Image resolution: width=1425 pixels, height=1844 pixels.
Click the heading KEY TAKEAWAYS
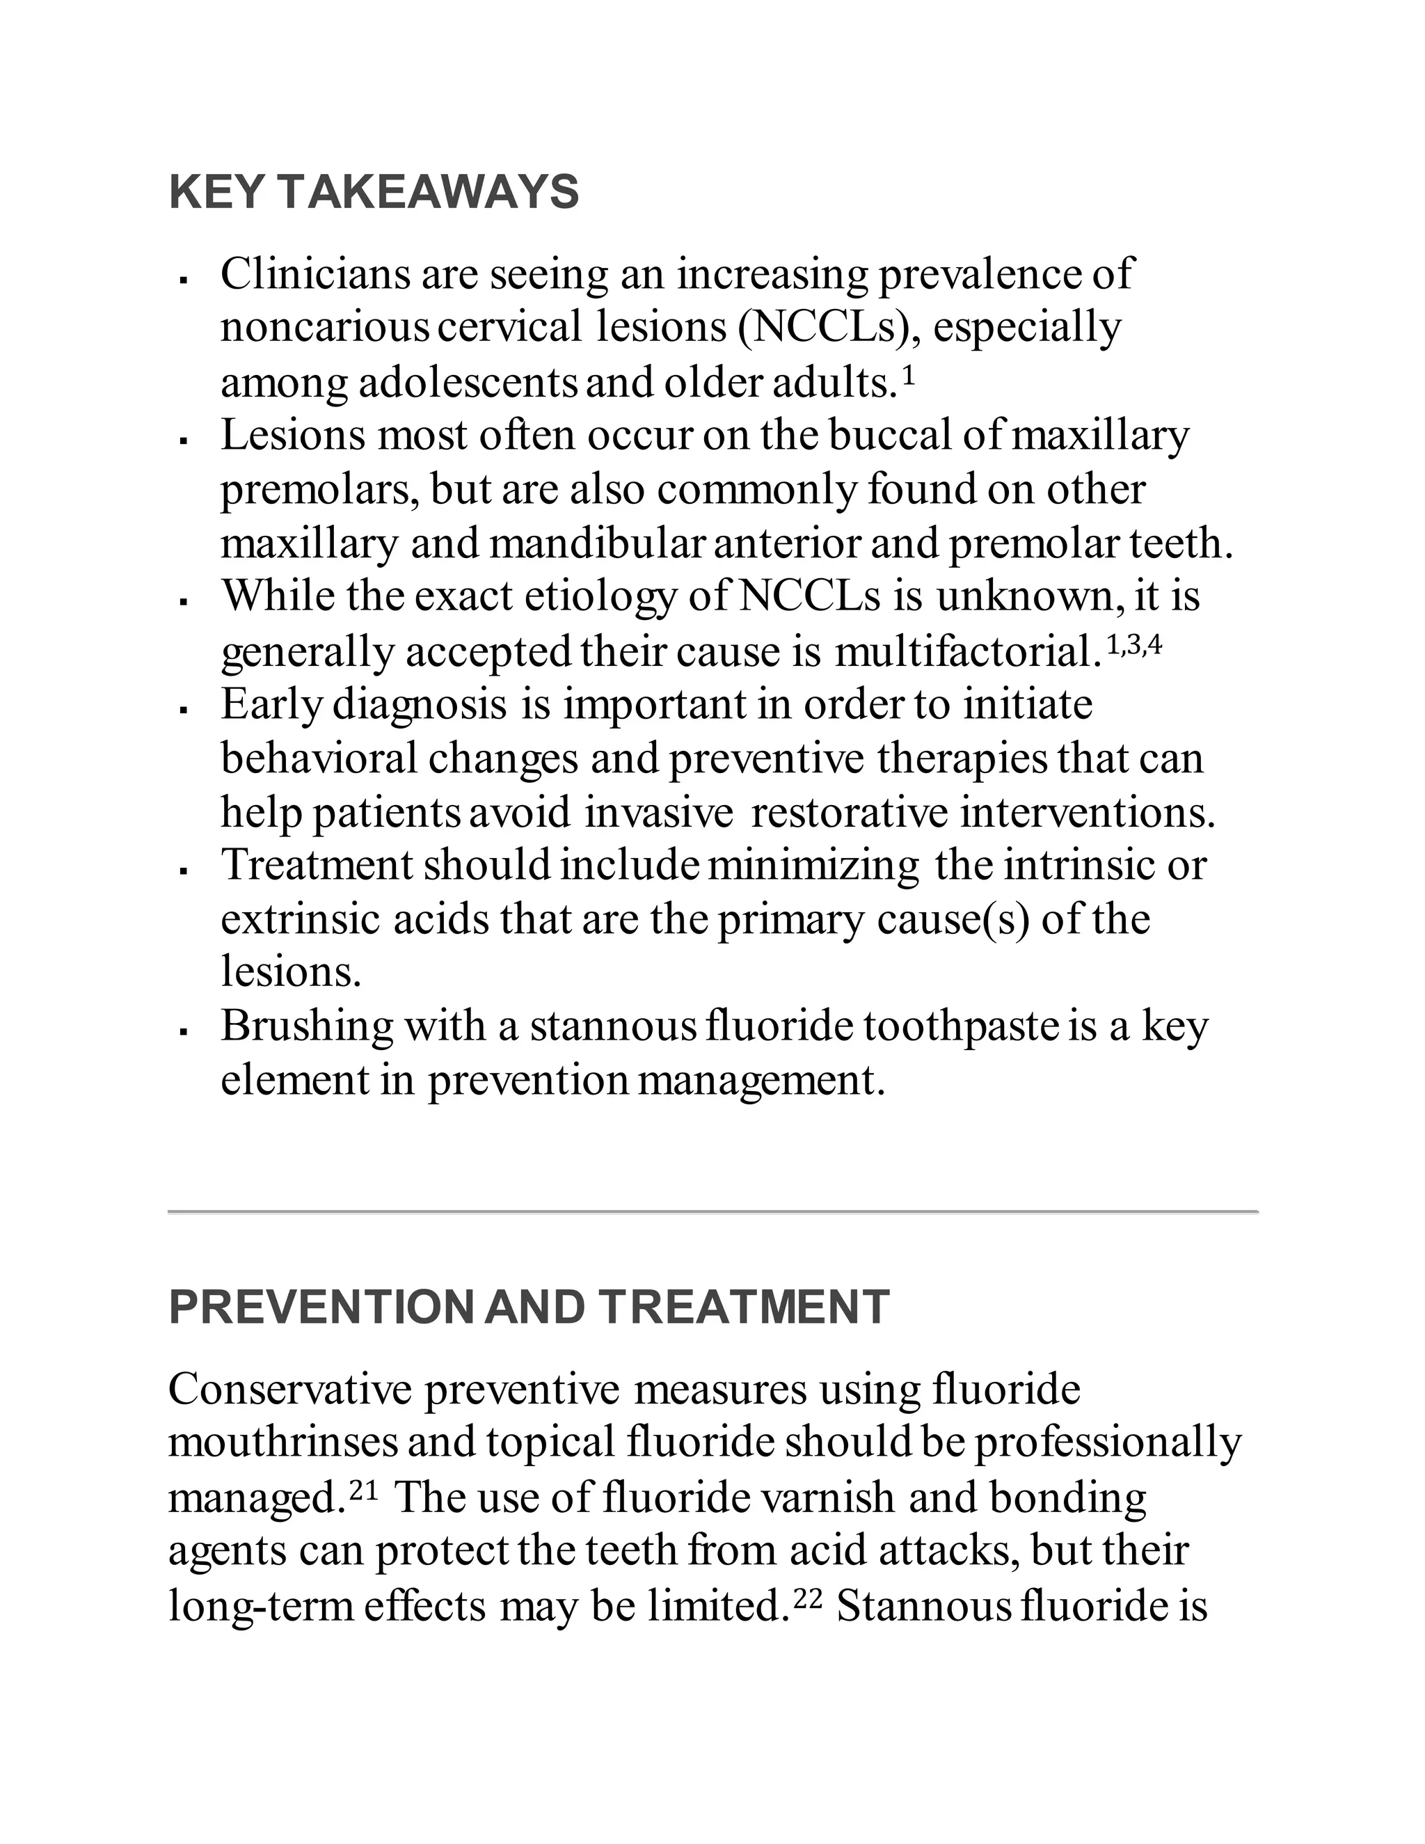click(374, 193)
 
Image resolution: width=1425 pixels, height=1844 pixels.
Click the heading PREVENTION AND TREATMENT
click(529, 1307)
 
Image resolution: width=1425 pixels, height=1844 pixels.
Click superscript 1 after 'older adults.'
click(909, 376)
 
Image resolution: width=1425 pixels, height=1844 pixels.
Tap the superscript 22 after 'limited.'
click(808, 1599)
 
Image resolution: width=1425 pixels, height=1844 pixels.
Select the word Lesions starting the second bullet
click(293, 436)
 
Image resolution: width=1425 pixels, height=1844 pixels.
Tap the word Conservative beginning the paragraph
click(289, 1389)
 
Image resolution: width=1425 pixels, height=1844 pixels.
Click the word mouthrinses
click(282, 1443)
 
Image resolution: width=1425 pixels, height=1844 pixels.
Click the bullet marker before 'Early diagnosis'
click(183, 710)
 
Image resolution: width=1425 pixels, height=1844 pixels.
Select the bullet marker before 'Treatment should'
click(183, 871)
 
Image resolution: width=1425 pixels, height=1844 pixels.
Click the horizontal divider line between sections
click(712, 1211)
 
